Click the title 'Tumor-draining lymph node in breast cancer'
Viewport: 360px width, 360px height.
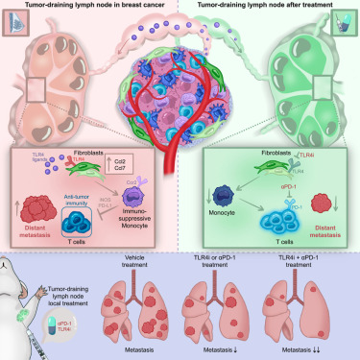[89, 7]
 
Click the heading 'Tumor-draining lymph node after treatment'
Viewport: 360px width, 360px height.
[270, 7]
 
